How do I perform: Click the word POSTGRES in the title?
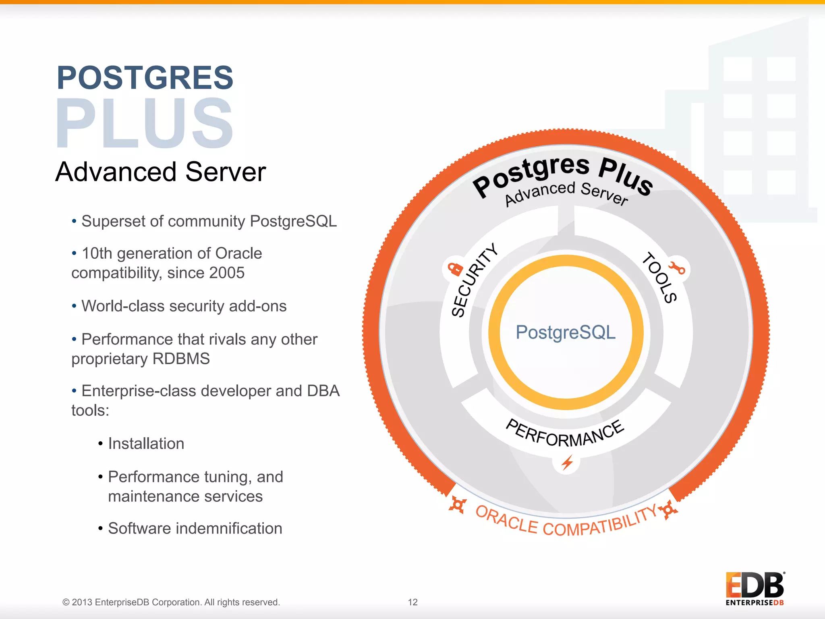pos(145,77)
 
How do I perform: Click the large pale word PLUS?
pos(144,123)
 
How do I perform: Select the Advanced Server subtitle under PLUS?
pos(160,172)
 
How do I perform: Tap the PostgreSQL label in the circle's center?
pos(566,332)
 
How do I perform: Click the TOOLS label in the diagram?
pos(659,277)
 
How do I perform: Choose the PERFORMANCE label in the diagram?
pos(565,433)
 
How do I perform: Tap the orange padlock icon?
pos(455,268)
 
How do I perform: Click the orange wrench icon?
pos(677,268)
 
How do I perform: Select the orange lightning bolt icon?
pos(567,463)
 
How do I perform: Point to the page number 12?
pos(412,602)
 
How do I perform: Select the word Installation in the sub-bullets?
pos(146,444)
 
